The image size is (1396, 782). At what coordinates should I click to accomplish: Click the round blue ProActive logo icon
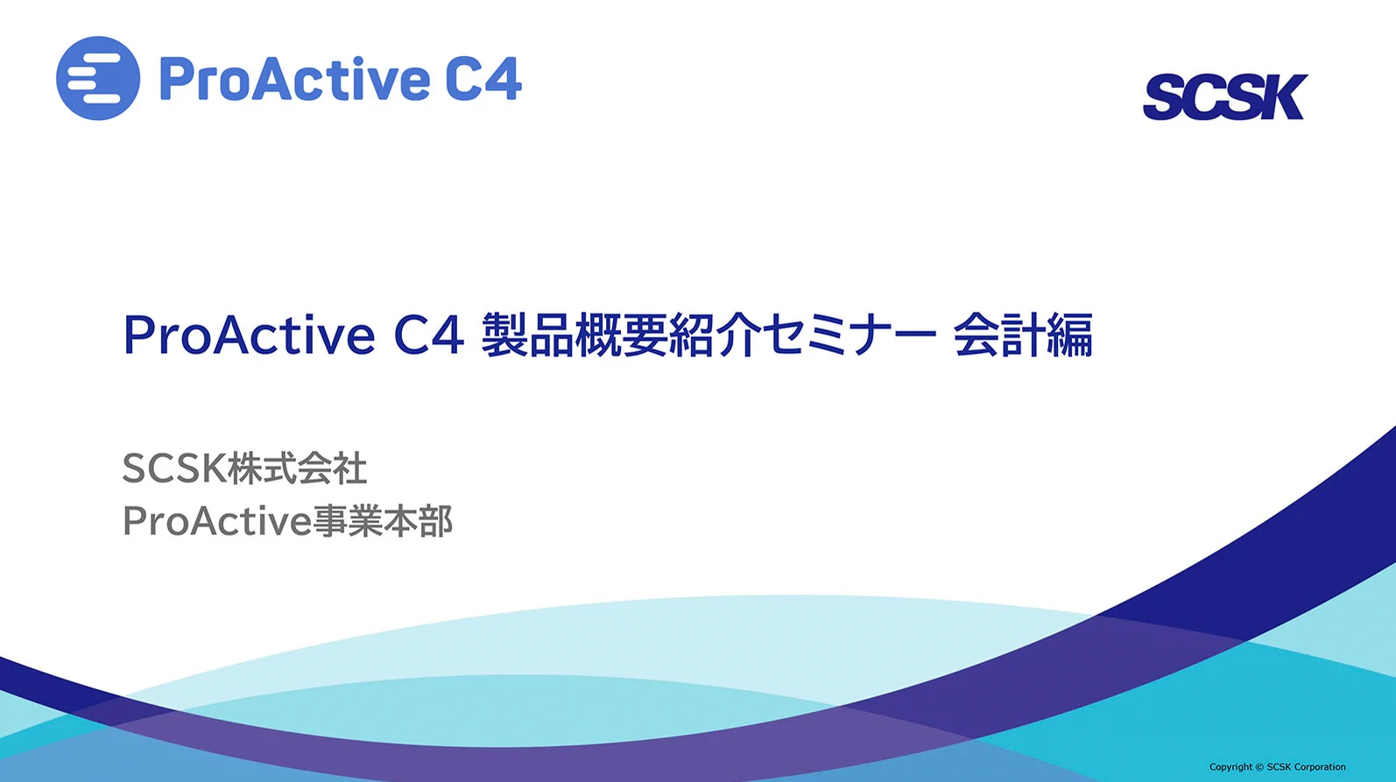tap(97, 78)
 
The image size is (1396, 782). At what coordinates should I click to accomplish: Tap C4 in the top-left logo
tap(483, 79)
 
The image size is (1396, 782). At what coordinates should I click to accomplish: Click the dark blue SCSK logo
tap(1224, 97)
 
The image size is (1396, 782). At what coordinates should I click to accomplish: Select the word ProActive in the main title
tap(249, 335)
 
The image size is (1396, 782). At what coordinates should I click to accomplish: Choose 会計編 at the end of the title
tap(1023, 335)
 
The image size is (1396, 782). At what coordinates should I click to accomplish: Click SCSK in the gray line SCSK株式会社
tap(174, 468)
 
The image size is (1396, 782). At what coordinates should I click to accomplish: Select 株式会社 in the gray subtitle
tap(297, 468)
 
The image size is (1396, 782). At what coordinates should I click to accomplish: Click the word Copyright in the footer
tap(1230, 767)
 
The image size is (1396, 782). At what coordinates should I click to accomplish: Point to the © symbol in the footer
tap(1259, 767)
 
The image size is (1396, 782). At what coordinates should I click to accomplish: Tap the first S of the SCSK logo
tap(1165, 98)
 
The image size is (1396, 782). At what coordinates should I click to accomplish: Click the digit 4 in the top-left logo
tap(503, 79)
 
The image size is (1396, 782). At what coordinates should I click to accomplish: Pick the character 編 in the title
tap(1070, 335)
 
